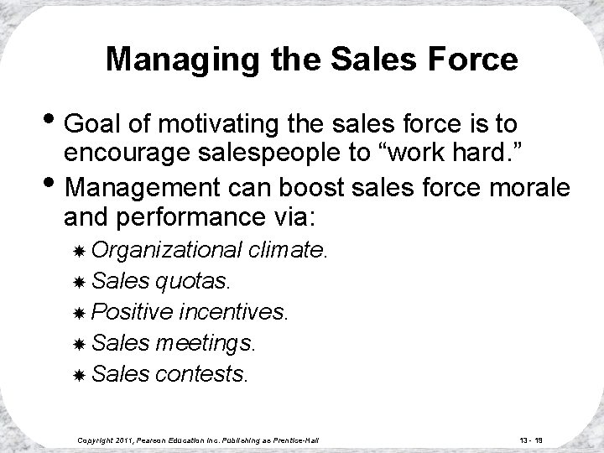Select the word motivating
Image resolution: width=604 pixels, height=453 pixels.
(x=210, y=126)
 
